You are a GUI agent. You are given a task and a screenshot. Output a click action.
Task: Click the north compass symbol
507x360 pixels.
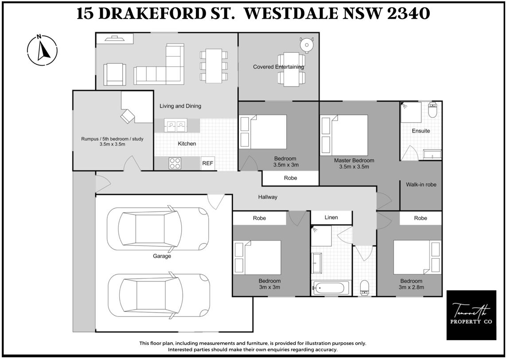point(42,50)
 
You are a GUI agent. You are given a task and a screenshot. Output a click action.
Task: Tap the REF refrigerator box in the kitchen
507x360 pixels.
point(207,163)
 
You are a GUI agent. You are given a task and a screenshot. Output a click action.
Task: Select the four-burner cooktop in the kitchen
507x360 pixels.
point(175,163)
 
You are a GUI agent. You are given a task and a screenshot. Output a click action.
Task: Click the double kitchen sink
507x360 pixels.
point(175,125)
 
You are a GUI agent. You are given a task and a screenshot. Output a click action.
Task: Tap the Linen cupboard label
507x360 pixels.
point(331,217)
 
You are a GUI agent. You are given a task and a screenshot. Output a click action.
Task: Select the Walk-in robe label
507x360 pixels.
point(421,185)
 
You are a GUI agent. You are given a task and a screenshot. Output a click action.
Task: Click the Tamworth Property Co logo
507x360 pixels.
point(471,315)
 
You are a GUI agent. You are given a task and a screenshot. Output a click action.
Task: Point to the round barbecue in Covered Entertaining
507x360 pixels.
point(307,45)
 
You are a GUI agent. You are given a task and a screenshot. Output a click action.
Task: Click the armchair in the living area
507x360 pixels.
point(115,74)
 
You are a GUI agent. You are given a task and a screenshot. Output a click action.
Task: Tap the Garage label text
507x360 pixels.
point(162,256)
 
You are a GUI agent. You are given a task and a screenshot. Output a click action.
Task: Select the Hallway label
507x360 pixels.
point(268,197)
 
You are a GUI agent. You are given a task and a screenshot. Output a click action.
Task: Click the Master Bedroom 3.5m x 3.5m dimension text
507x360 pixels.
point(354,167)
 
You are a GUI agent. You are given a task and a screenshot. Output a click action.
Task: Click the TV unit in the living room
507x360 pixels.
point(115,39)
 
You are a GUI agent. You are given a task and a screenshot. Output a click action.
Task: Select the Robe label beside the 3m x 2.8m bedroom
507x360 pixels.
point(420,218)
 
